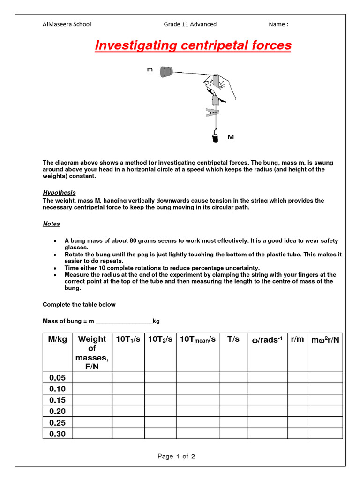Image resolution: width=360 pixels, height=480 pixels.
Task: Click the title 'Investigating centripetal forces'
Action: click(193, 45)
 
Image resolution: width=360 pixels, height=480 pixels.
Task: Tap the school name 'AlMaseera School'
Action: click(67, 24)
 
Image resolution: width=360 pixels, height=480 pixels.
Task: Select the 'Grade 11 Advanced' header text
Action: click(190, 24)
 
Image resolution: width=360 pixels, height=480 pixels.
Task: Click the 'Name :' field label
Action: click(278, 24)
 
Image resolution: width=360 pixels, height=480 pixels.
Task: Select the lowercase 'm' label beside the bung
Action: click(150, 69)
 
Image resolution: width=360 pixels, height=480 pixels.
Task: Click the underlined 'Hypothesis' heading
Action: click(59, 192)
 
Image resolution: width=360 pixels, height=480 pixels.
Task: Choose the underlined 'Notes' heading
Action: click(51, 224)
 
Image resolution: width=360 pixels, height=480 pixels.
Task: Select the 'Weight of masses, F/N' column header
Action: click(92, 353)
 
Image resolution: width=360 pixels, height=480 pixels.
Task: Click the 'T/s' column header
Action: click(233, 339)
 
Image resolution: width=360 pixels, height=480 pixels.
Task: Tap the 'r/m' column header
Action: click(297, 339)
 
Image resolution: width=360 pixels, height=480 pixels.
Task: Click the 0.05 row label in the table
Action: click(58, 378)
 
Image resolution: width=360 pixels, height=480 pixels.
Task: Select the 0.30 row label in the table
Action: click(58, 434)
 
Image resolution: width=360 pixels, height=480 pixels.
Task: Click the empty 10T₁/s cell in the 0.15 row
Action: click(128, 400)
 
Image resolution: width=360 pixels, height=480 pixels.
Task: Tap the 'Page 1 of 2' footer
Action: click(176, 456)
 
